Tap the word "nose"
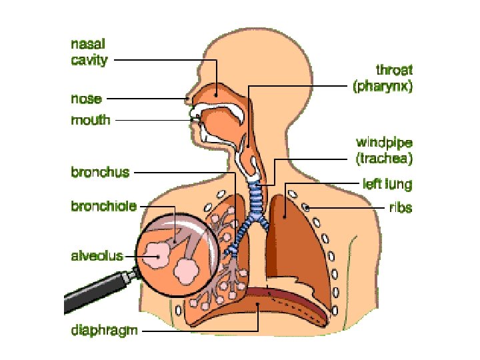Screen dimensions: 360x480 tap(87, 99)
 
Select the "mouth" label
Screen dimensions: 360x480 tap(91, 121)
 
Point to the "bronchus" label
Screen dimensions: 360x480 tap(100, 172)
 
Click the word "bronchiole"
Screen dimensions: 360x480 tap(104, 207)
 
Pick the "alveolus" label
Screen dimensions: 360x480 tap(98, 255)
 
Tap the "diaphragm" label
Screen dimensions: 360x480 tap(105, 331)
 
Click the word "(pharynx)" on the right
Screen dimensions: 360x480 tap(382, 86)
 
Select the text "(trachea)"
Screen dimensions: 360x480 tap(385, 159)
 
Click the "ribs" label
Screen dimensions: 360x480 tap(401, 207)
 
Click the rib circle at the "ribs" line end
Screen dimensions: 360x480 tap(307, 208)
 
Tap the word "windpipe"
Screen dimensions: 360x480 tap(384, 143)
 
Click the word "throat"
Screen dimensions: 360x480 tap(395, 70)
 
